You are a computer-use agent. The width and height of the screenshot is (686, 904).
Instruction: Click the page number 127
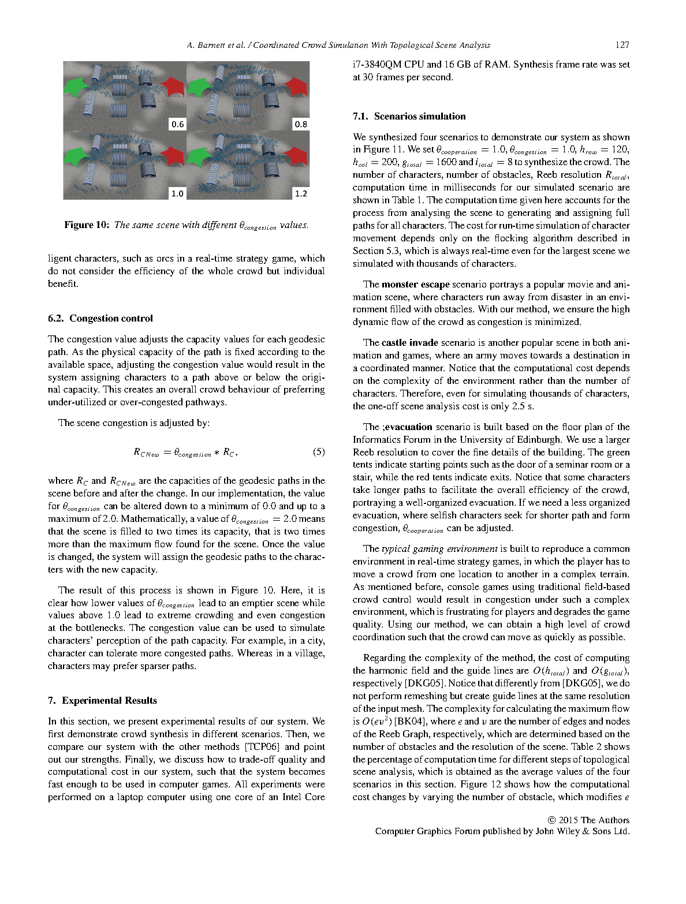point(622,45)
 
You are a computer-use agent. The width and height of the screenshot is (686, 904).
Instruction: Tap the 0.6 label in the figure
point(177,124)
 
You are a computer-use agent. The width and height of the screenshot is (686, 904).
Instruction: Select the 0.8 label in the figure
point(301,124)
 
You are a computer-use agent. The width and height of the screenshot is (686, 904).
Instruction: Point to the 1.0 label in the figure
point(177,193)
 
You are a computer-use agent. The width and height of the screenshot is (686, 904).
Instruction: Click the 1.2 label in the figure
point(301,193)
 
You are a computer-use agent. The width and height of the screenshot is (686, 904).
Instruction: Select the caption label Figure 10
point(87,225)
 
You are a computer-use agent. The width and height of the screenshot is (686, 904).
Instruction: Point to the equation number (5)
point(318,452)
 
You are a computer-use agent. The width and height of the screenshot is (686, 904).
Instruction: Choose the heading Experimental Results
point(109,701)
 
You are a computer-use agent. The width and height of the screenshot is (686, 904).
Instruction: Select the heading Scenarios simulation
point(419,117)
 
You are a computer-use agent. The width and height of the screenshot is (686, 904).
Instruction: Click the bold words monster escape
point(415,285)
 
